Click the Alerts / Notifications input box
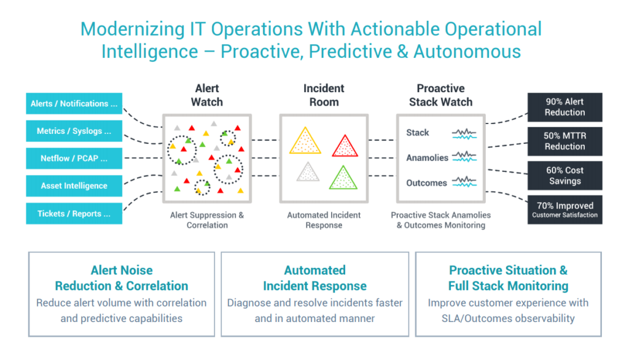pos(74,104)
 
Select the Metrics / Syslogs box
pos(74,131)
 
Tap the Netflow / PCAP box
pos(74,158)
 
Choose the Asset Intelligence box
pos(74,186)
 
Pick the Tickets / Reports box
pos(74,213)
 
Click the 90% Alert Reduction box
pos(565,107)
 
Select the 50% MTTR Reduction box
pos(565,141)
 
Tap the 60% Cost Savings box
pos(565,176)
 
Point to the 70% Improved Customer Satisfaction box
pos(565,210)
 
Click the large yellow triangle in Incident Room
pos(305,143)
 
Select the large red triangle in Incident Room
pos(345,146)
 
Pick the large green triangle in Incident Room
pos(343,179)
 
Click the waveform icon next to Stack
pos(464,133)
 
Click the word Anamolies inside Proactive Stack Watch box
pos(427,158)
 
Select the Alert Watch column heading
pos(207,95)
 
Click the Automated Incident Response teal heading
pos(314,278)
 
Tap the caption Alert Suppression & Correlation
pos(207,220)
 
